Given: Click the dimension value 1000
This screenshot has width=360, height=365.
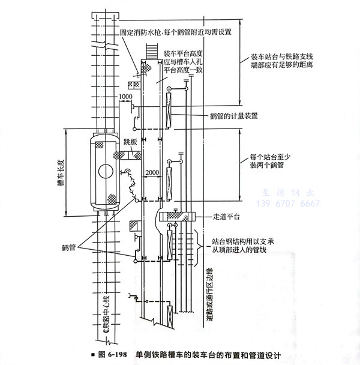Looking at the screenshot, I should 125,96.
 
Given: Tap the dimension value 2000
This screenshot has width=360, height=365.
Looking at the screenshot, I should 152,173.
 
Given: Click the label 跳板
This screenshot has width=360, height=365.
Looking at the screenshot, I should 131,142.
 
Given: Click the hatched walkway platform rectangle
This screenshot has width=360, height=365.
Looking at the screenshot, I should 176,216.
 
